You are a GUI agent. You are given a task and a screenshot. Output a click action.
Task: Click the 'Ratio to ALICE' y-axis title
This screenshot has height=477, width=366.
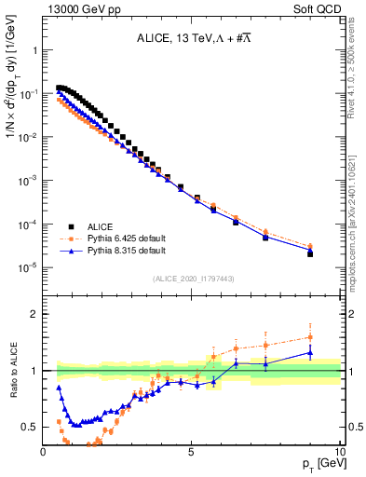tap(12, 371)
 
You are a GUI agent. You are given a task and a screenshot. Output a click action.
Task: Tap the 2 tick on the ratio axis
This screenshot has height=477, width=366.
tap(35, 314)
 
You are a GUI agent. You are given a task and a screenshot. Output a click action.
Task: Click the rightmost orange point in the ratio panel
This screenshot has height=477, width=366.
tap(310, 337)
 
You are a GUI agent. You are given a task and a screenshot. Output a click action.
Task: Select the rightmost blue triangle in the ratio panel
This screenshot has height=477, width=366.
tap(310, 353)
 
